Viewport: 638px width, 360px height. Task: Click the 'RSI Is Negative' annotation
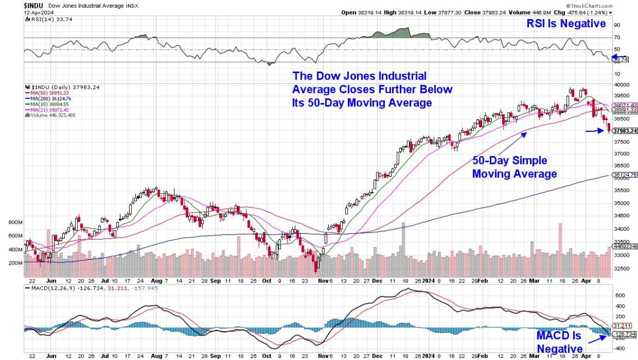pos(567,23)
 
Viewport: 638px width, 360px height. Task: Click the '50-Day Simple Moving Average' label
pos(514,167)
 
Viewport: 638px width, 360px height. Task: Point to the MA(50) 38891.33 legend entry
pos(51,93)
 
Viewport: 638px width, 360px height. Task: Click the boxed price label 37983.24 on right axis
pos(625,131)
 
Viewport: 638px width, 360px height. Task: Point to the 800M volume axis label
pos(15,223)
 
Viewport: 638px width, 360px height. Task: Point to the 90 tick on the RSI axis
pos(617,25)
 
